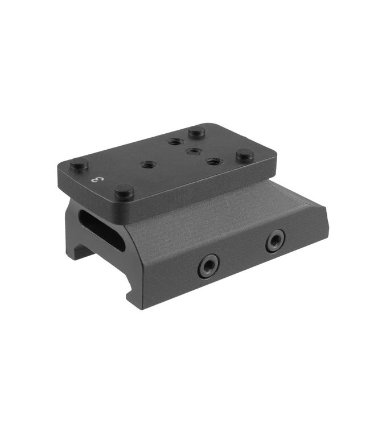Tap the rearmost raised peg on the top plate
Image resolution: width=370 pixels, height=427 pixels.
click(x=196, y=132)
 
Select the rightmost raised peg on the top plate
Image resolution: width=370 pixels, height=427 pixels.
click(x=245, y=154)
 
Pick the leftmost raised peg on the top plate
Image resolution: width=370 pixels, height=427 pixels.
click(x=79, y=165)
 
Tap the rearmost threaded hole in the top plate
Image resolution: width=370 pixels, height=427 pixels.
click(x=174, y=141)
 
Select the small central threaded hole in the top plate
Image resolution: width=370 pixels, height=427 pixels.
click(x=194, y=151)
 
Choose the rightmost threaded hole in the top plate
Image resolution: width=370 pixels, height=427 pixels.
click(x=213, y=162)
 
